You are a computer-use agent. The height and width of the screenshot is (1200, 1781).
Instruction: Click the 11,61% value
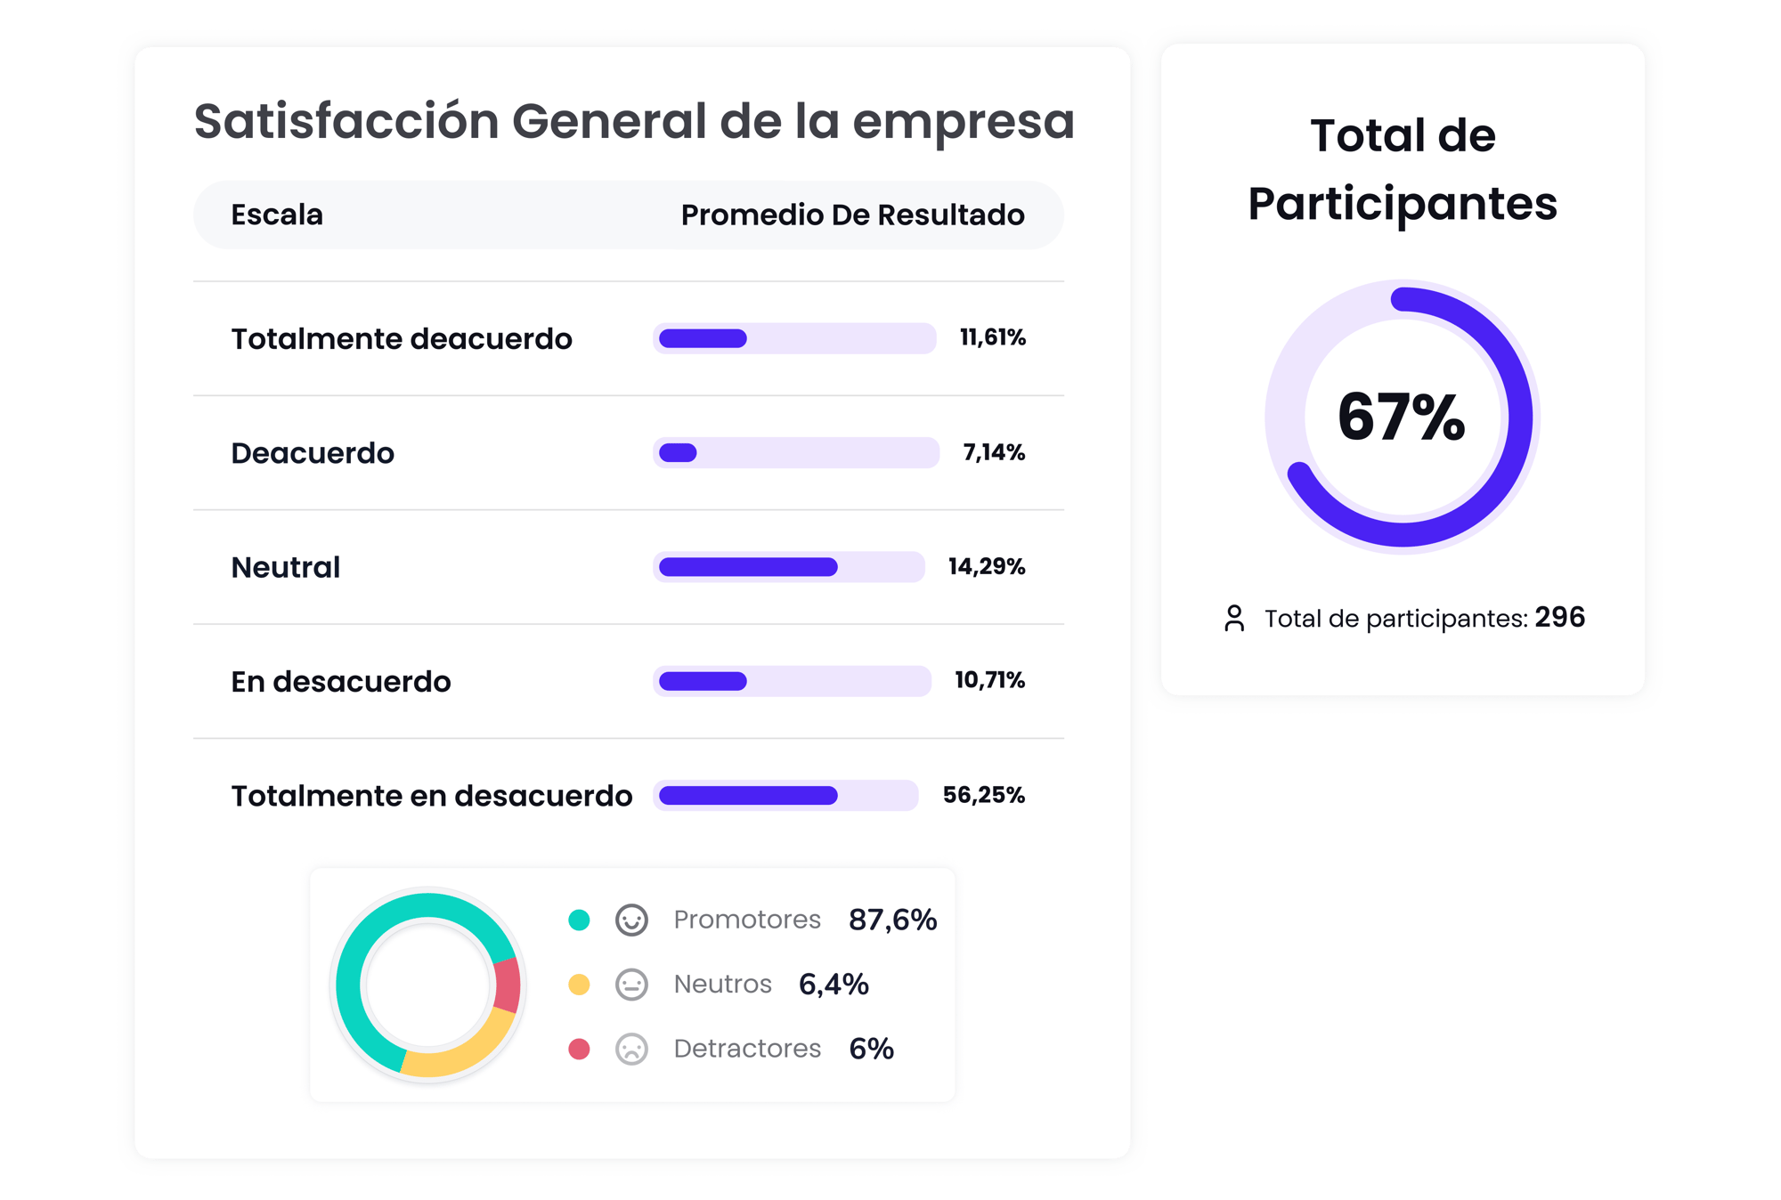(992, 337)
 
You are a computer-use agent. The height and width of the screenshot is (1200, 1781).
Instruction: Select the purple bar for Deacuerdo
(678, 453)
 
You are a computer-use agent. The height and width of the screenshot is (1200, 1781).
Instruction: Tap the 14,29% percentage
(986, 566)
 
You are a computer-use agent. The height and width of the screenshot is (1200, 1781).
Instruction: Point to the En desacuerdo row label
(340, 682)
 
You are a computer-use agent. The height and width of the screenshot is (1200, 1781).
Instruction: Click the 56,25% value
(983, 795)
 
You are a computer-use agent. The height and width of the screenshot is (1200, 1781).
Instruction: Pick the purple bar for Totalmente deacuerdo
(703, 338)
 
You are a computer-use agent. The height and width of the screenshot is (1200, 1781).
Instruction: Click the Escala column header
(276, 215)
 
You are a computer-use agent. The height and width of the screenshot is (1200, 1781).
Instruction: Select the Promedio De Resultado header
(852, 215)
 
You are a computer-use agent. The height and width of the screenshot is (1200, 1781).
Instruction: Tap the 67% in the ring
(1401, 417)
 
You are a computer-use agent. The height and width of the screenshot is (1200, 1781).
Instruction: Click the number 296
(1559, 617)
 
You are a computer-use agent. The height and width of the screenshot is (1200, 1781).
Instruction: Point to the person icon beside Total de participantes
(1234, 618)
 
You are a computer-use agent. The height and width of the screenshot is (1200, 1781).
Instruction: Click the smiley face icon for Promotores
(631, 920)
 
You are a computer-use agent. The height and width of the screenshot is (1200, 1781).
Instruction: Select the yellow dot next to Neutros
(579, 984)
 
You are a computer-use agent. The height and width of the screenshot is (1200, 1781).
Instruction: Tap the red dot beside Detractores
(579, 1049)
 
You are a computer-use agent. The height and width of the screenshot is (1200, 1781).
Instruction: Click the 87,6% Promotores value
(892, 920)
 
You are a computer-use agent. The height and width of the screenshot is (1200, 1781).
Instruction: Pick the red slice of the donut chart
(507, 985)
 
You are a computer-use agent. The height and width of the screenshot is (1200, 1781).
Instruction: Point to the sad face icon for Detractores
(631, 1049)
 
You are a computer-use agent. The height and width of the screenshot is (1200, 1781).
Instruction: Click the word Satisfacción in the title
(346, 121)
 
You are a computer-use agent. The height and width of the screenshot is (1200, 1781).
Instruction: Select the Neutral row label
(285, 567)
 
